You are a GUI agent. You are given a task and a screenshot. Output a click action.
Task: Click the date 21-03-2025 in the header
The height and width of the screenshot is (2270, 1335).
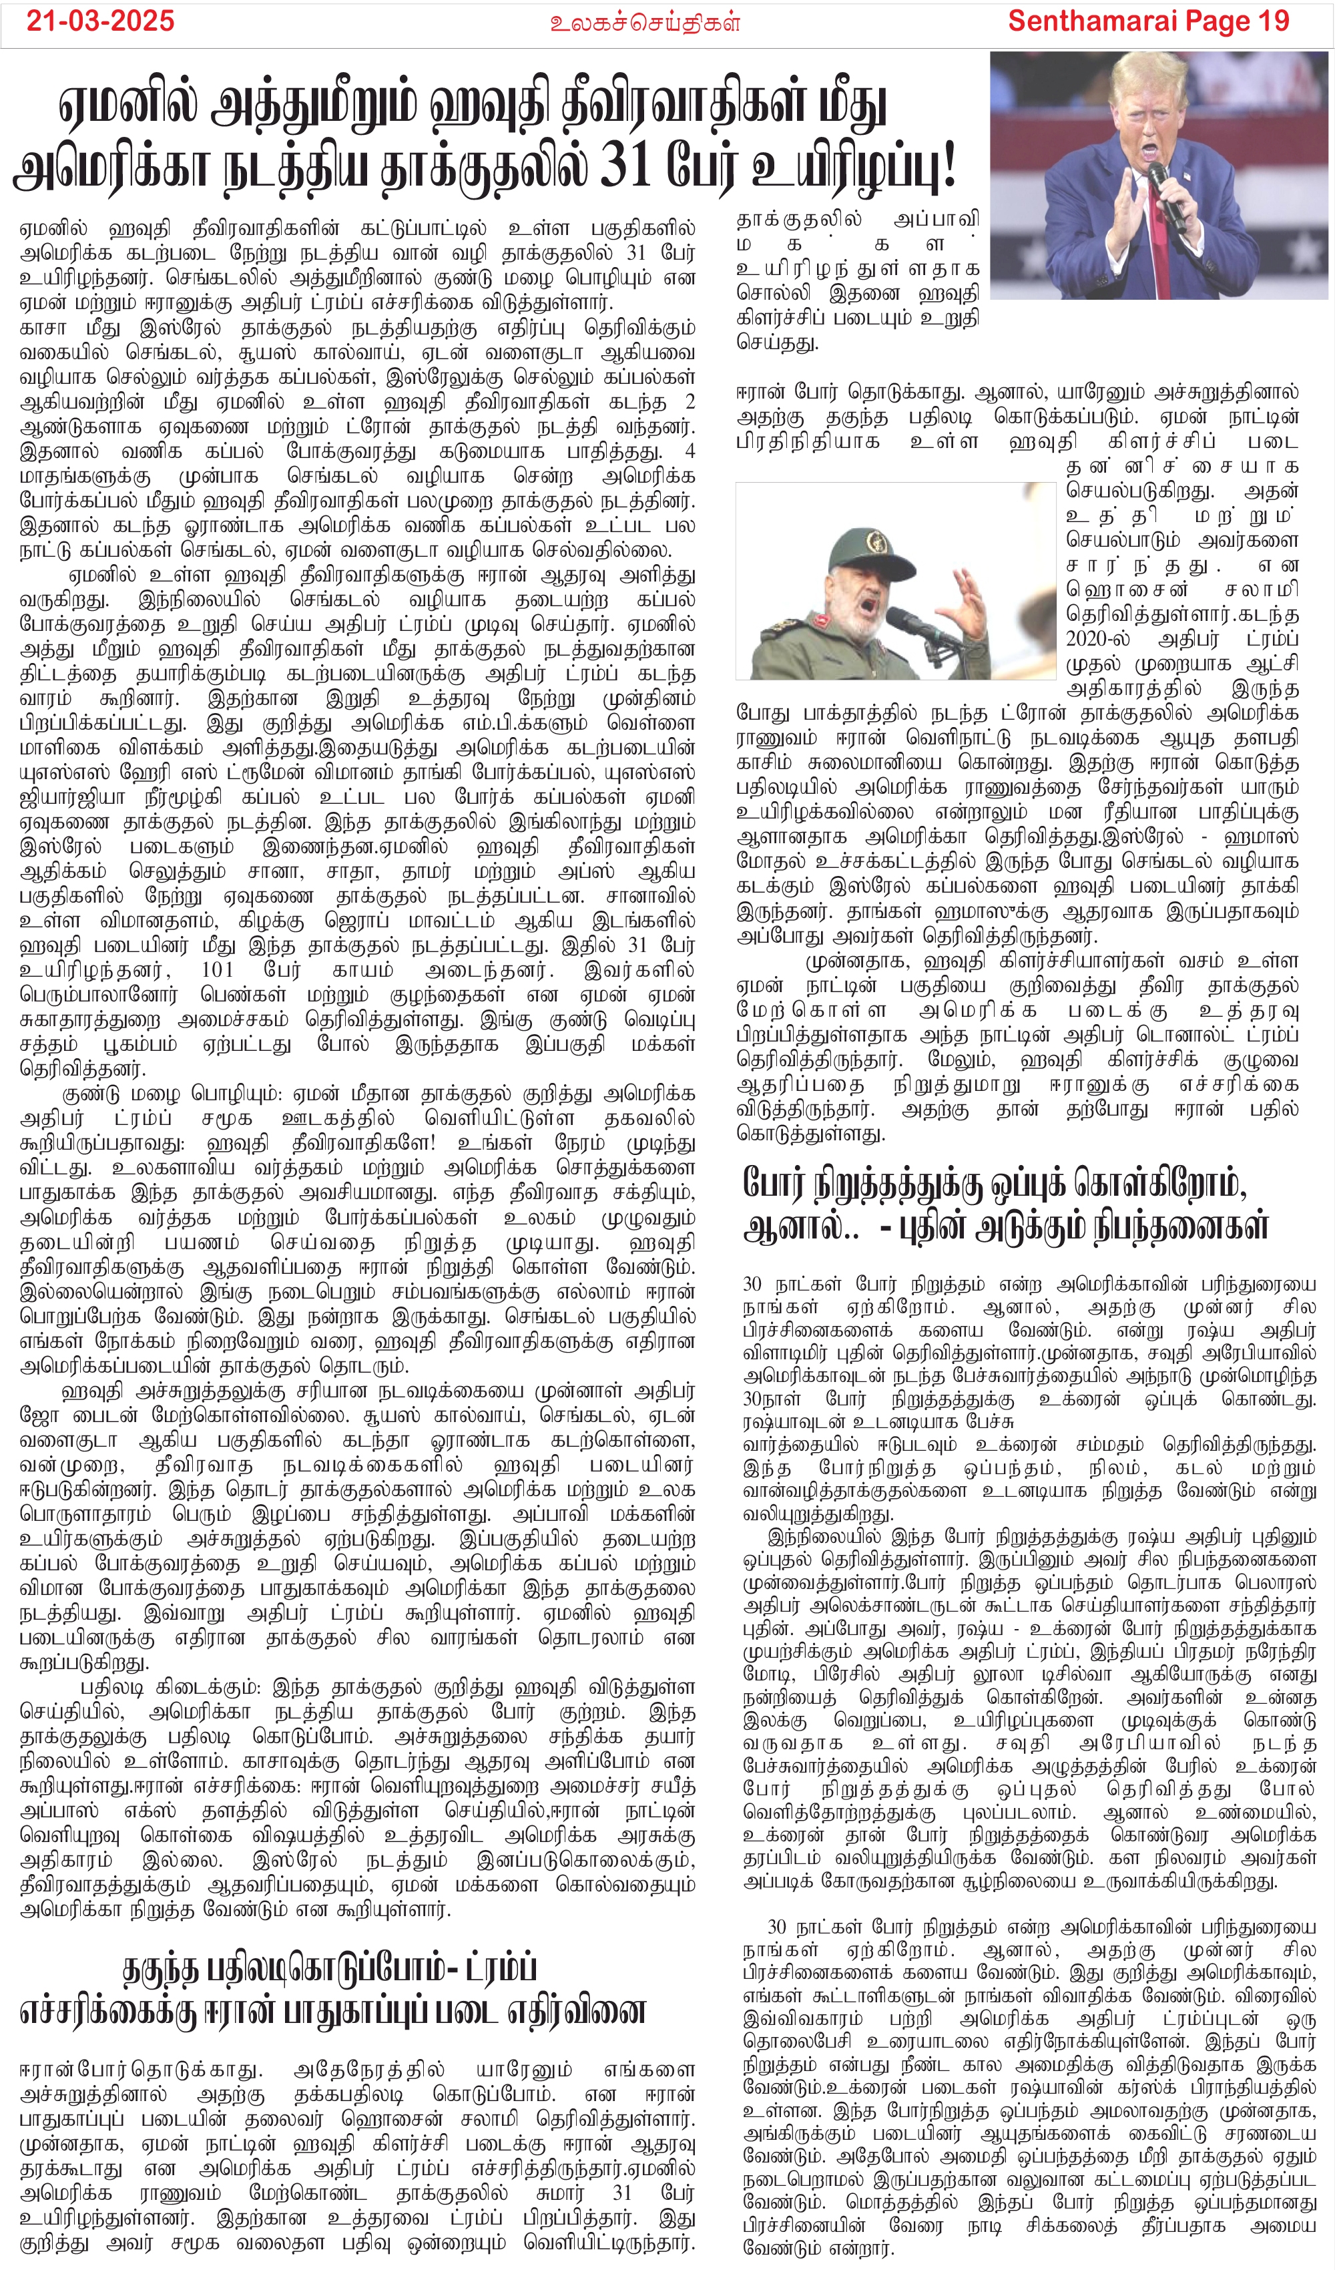(100, 21)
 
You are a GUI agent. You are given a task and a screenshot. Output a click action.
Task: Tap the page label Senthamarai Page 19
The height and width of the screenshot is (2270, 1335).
(1149, 21)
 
